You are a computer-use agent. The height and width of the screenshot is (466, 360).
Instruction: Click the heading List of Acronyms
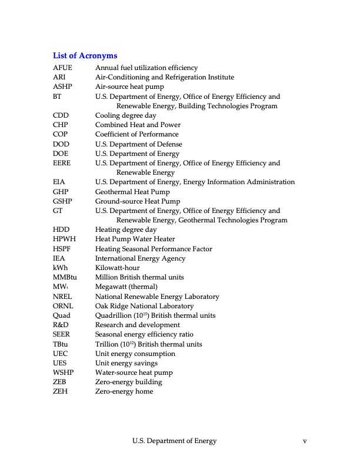click(x=85, y=56)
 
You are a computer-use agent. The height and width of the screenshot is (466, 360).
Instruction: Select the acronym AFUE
click(x=62, y=68)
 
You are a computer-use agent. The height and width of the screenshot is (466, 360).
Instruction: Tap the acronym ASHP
click(x=62, y=87)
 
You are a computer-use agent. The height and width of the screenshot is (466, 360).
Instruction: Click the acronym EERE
click(x=62, y=164)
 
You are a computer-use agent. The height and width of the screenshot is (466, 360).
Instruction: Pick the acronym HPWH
click(x=64, y=239)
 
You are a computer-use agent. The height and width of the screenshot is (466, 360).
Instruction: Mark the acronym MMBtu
click(x=65, y=277)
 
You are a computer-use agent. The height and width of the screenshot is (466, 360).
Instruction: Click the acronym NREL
click(x=62, y=297)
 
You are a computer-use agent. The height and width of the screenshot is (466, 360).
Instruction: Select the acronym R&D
click(x=61, y=325)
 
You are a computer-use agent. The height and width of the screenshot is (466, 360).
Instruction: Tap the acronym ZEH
click(x=60, y=392)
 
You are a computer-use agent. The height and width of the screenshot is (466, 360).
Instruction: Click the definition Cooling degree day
click(x=126, y=116)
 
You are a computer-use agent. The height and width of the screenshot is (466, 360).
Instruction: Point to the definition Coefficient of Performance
click(x=136, y=135)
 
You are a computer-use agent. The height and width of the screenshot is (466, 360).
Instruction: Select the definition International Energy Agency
click(x=140, y=258)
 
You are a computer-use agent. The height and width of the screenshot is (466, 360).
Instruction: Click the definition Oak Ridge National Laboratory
click(x=144, y=306)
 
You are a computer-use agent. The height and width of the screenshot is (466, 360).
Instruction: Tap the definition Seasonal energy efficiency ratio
click(x=145, y=335)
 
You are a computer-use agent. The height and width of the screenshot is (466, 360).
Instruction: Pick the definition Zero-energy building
click(x=128, y=382)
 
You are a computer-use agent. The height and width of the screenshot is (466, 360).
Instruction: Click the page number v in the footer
click(x=305, y=441)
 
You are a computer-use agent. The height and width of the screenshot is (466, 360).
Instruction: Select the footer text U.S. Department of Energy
click(x=174, y=441)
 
